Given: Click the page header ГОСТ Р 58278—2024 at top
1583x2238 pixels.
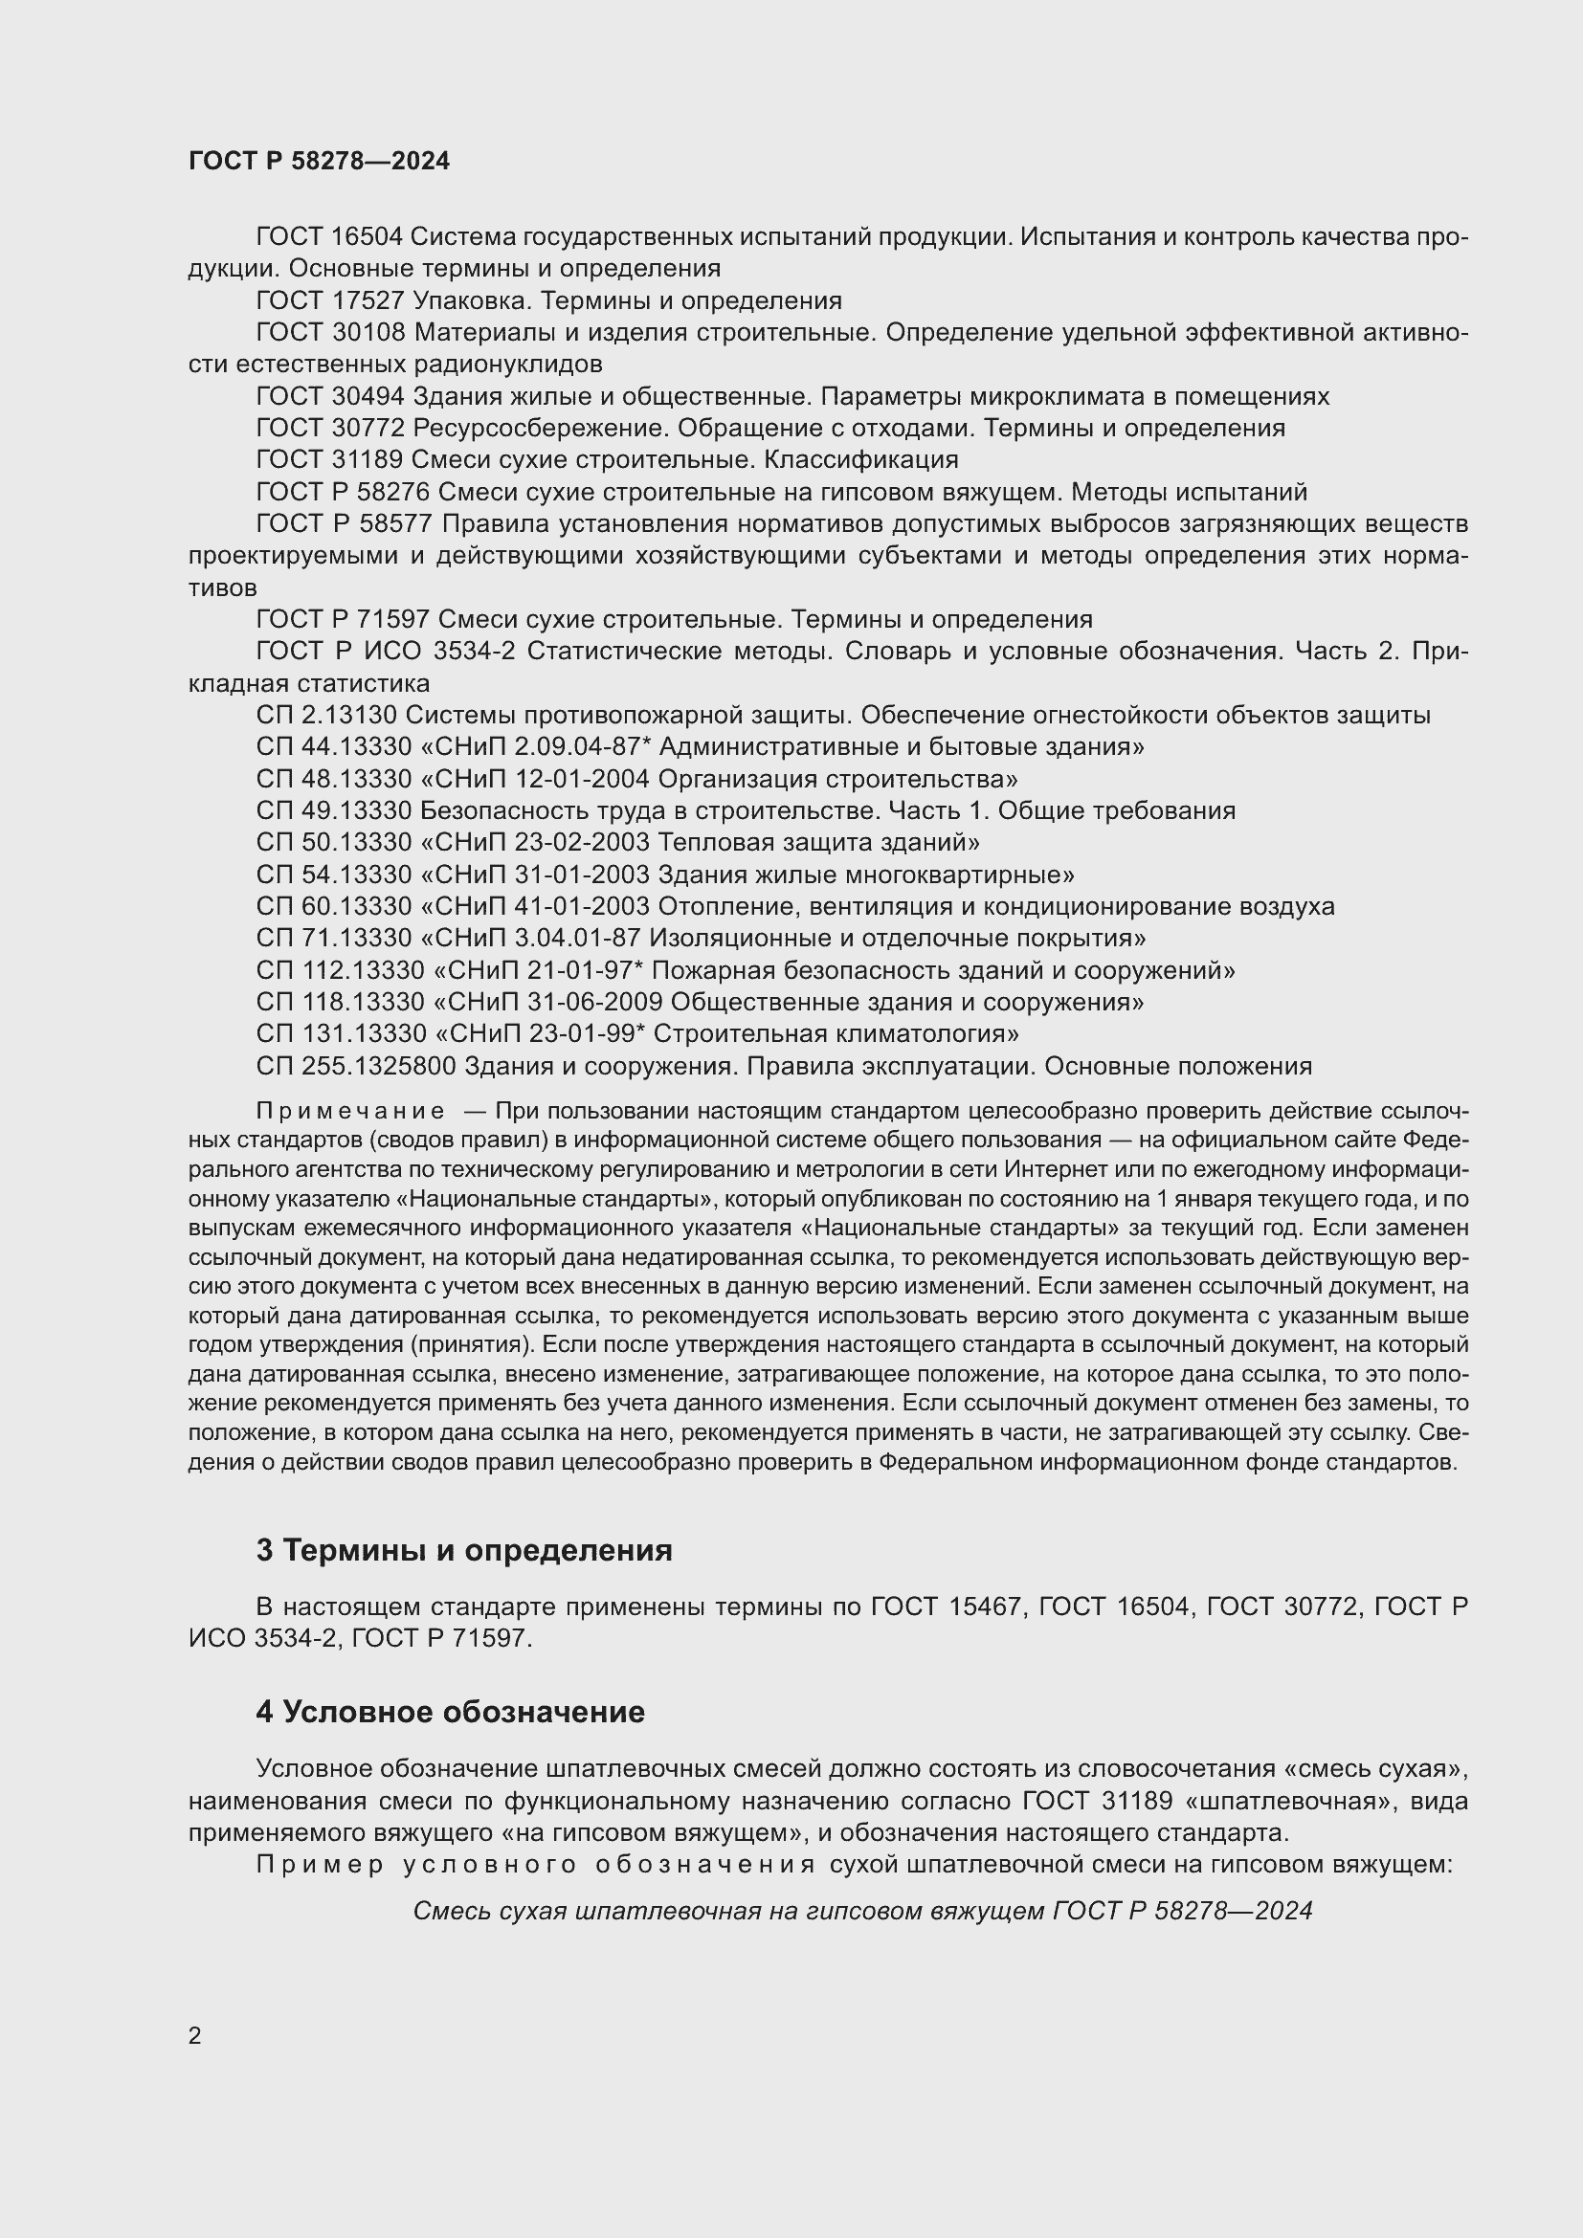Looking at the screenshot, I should pos(319,161).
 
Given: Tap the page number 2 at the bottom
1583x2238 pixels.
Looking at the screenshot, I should pos(195,2035).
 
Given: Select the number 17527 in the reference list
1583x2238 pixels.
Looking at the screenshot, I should pos(368,300).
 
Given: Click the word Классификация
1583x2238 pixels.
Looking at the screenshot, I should pos(860,459).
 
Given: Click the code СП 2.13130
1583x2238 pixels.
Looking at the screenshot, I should pos(326,716).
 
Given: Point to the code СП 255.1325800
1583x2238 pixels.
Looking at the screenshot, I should pos(356,1066).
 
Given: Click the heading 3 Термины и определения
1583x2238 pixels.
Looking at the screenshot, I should pos(464,1551).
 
